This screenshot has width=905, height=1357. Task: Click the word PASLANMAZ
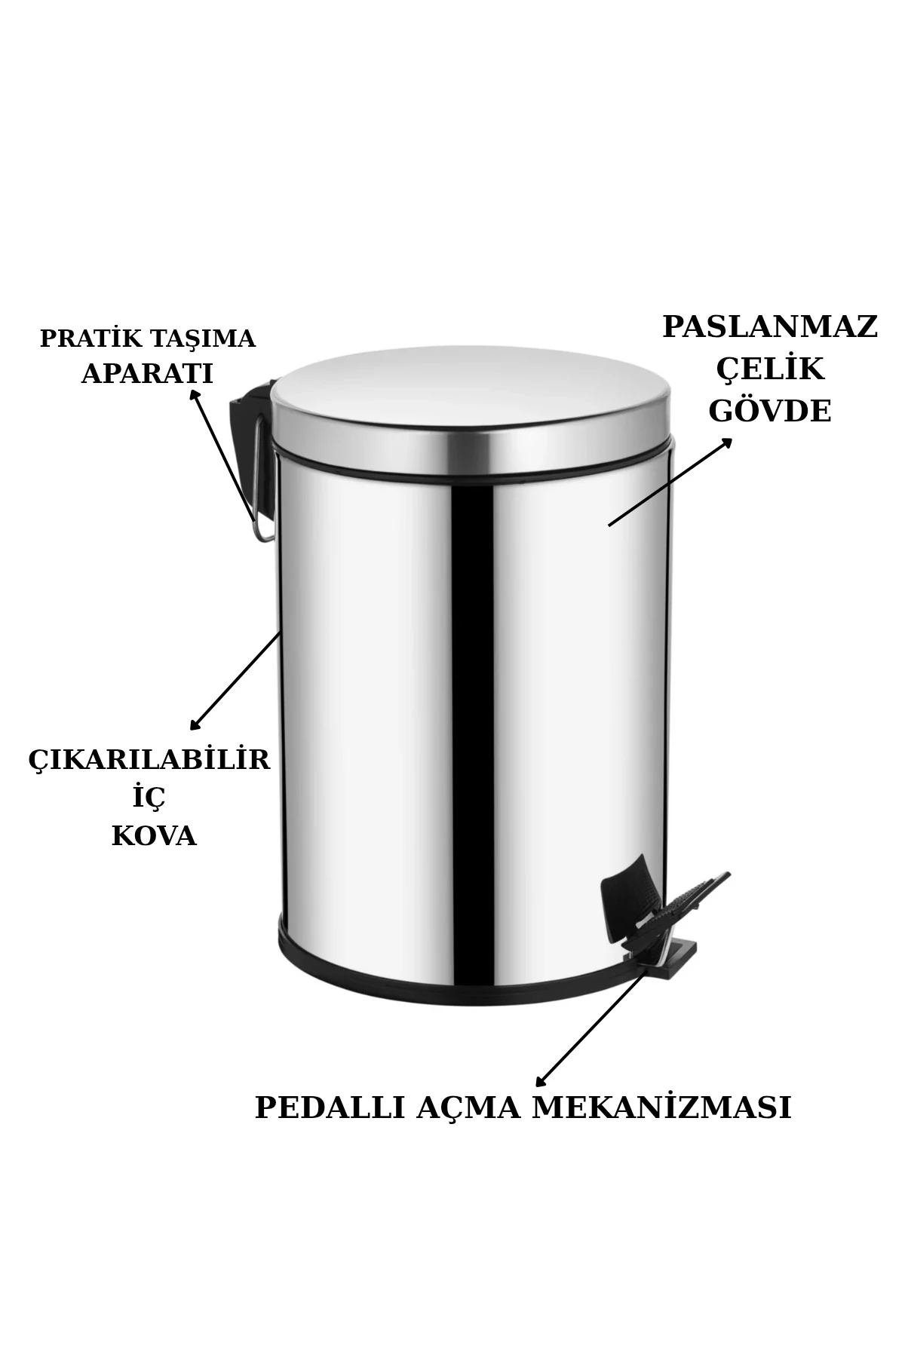point(770,328)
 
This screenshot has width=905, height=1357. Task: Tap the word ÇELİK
point(770,370)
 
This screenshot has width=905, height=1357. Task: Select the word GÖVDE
point(770,412)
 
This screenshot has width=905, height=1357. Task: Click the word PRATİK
point(90,338)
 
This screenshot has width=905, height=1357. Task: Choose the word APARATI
point(147,374)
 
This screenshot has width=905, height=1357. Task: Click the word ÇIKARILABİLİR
point(149,759)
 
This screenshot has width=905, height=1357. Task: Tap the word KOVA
point(154,836)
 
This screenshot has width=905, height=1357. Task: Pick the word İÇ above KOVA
point(149,797)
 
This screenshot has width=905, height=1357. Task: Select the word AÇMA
point(468,1108)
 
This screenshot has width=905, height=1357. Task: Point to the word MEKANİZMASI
point(661,1108)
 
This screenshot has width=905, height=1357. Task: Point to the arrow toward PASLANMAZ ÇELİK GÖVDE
point(670,482)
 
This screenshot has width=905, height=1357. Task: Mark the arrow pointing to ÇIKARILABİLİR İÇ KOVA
point(235,681)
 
